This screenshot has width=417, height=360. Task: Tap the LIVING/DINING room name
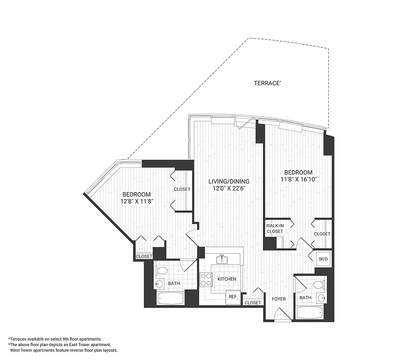pyautogui.click(x=228, y=181)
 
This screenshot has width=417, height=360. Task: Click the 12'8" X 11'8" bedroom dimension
pyautogui.click(x=137, y=202)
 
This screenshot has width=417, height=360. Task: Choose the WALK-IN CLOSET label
pyautogui.click(x=274, y=228)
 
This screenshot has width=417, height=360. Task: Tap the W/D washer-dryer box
pyautogui.click(x=323, y=259)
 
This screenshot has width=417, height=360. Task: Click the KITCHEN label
pyautogui.click(x=227, y=279)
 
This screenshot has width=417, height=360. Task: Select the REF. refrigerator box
pyautogui.click(x=233, y=297)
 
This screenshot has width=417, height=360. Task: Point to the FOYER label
pyautogui.click(x=279, y=299)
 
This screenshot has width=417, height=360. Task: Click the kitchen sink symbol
pyautogui.click(x=221, y=259)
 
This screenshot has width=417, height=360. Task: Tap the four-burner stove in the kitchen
pyautogui.click(x=206, y=279)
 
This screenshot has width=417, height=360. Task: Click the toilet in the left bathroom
pyautogui.click(x=162, y=271)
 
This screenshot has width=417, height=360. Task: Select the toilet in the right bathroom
pyautogui.click(x=318, y=284)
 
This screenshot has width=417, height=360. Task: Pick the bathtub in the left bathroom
pyautogui.click(x=170, y=298)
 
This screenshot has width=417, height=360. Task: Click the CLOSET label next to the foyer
pyautogui.click(x=253, y=303)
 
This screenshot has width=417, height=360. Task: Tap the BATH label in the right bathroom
pyautogui.click(x=305, y=298)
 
